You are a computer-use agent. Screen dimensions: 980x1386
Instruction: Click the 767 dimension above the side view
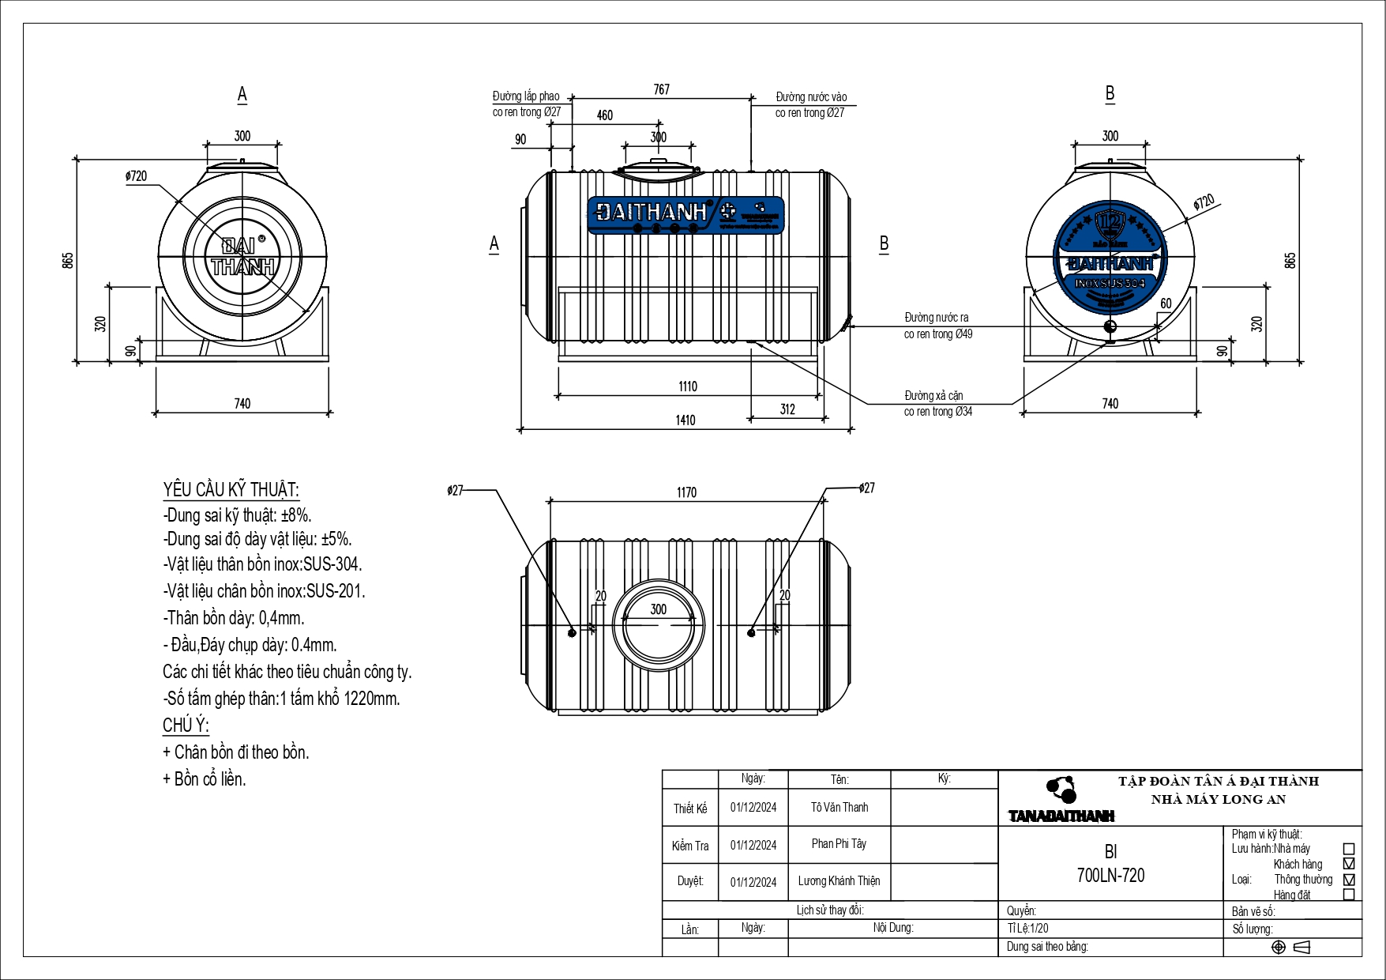click(662, 90)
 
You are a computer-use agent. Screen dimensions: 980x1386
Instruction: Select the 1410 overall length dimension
click(685, 420)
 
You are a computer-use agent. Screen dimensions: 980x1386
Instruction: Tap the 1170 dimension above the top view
click(686, 492)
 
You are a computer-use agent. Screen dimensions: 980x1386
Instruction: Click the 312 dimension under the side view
click(787, 409)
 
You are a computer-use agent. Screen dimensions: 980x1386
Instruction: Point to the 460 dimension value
click(605, 115)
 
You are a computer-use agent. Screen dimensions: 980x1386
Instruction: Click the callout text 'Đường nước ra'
click(937, 318)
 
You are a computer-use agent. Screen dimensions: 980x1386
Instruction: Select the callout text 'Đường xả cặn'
click(933, 396)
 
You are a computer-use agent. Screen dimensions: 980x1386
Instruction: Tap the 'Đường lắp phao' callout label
click(526, 96)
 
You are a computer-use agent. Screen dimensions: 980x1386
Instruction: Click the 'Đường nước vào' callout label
click(811, 97)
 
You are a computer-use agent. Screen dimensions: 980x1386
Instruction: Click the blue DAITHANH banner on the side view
click(685, 215)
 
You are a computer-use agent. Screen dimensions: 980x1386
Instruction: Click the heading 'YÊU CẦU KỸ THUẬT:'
click(231, 490)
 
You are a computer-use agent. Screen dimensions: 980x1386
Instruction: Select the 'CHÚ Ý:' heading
click(186, 726)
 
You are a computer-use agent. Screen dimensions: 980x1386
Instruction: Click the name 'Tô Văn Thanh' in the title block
click(839, 808)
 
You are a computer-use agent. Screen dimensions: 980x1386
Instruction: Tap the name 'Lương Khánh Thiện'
click(839, 881)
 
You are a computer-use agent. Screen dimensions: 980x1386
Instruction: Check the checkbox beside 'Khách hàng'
click(1349, 864)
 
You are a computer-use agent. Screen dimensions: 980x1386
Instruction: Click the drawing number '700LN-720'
click(1110, 876)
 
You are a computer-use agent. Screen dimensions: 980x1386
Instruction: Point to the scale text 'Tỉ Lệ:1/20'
click(1028, 929)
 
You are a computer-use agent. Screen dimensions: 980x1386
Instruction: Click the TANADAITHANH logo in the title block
click(1061, 801)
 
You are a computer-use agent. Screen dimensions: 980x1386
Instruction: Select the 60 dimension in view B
click(1166, 304)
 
